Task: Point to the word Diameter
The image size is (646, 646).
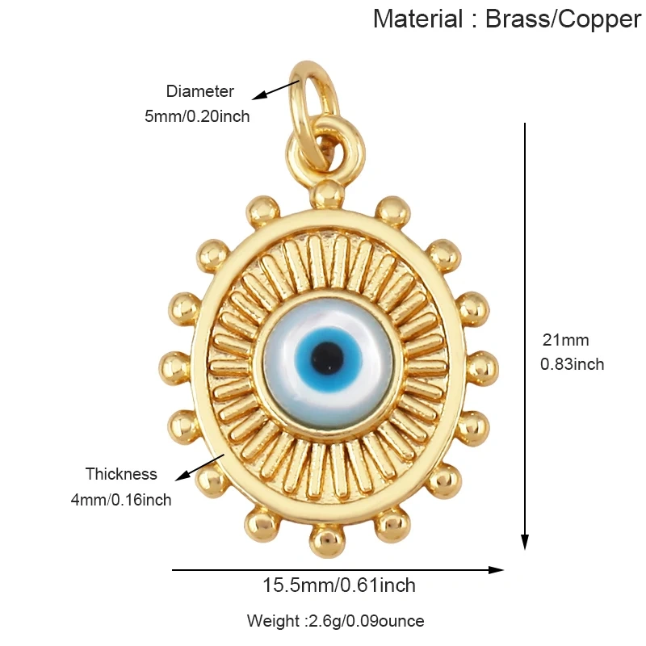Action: coord(200,91)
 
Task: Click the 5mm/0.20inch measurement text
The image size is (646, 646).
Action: coord(197,116)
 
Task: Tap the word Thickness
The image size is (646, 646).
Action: coord(121,474)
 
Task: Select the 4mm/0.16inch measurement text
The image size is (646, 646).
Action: coord(121,500)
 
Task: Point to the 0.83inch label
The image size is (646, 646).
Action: coord(572,364)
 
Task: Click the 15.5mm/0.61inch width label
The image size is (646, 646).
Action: coord(339,585)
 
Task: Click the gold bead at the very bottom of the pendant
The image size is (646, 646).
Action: coord(327,541)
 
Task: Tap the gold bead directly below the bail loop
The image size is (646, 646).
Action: coord(328,194)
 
